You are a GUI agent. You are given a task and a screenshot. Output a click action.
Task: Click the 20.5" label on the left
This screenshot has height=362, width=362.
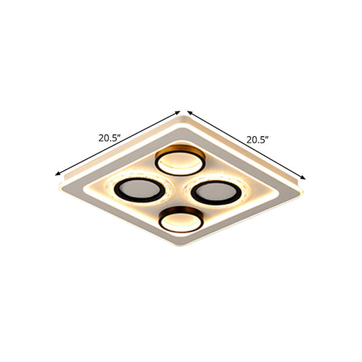coord(109,139)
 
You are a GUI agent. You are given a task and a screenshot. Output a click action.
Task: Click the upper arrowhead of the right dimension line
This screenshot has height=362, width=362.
coord(189,112)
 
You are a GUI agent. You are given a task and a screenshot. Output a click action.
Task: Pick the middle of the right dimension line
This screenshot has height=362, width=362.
coord(247,145)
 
